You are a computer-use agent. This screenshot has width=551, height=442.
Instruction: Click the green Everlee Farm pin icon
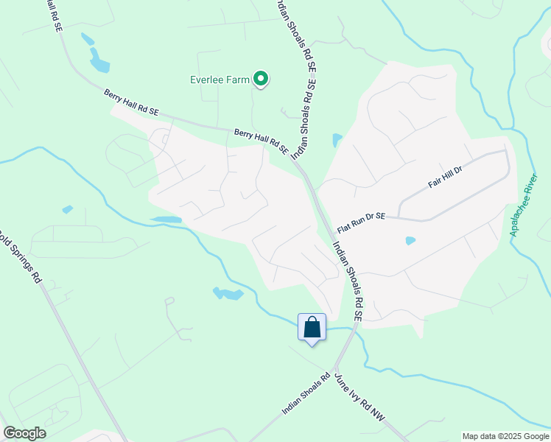[260, 78]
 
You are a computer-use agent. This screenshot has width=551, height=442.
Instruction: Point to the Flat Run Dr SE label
[361, 216]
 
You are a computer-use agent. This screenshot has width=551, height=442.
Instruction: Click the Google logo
[24, 433]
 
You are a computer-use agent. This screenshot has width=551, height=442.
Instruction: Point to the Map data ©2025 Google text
[505, 436]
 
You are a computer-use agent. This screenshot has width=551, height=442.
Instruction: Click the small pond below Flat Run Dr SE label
[410, 240]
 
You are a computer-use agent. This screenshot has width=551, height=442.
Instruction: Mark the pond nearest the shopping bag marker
[229, 294]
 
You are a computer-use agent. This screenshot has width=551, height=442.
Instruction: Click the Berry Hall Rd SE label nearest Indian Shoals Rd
[261, 141]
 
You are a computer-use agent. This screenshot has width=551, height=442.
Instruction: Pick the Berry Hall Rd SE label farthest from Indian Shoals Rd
[131, 103]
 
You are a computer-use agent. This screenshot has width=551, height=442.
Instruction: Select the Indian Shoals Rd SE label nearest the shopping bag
[348, 280]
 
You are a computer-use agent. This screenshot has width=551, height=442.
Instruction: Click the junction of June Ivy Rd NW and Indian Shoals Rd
[336, 368]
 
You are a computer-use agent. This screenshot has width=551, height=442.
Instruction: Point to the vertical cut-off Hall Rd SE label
[54, 15]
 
